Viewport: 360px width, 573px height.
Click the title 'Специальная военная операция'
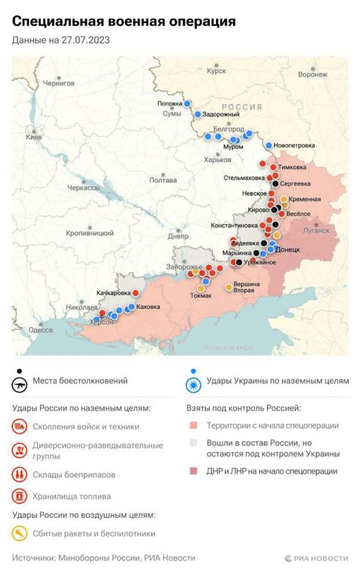tap(124, 22)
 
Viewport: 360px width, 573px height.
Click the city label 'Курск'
tap(215, 71)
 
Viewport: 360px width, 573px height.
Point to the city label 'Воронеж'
tap(312, 74)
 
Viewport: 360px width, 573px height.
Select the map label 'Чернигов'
tap(58, 83)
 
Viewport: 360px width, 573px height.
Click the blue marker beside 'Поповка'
tap(188, 104)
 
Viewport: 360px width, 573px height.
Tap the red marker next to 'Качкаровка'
tap(135, 293)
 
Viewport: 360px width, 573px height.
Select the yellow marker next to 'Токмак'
tap(201, 288)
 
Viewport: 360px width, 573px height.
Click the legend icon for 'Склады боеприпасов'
tap(20, 473)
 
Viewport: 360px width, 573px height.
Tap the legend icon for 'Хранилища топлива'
tap(20, 495)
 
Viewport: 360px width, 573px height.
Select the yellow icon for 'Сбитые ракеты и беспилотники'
tap(20, 533)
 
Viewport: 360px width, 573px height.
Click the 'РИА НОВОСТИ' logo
tap(315, 557)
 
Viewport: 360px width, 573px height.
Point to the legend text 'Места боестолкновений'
tap(80, 380)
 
